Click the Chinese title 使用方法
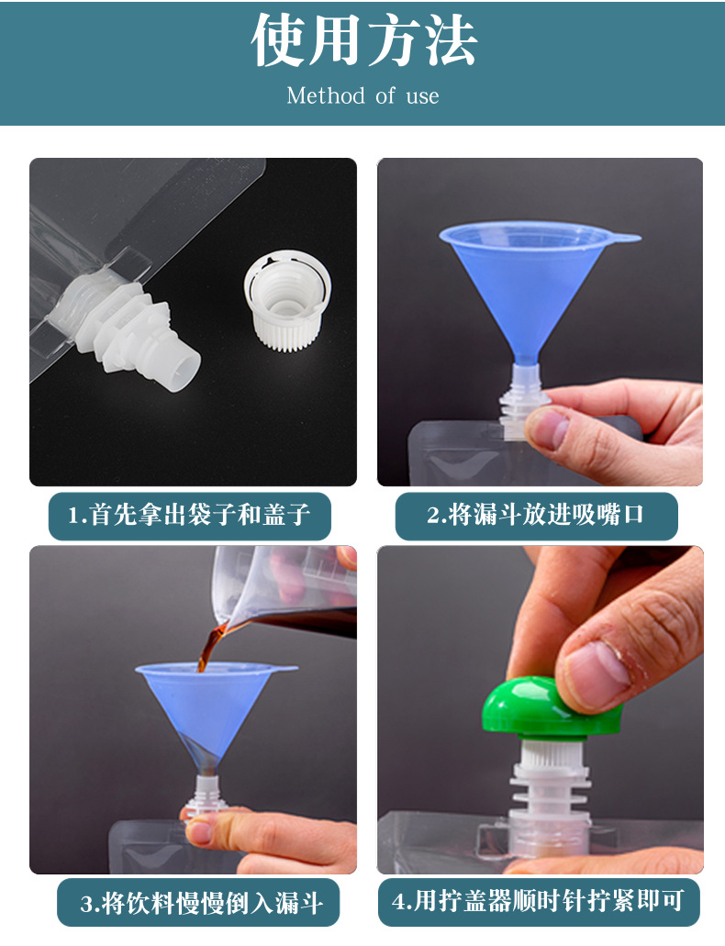363,39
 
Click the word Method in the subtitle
326,95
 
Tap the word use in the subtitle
422,96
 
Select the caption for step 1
190,516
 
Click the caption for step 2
536,516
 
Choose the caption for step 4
538,901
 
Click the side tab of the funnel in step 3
282,669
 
